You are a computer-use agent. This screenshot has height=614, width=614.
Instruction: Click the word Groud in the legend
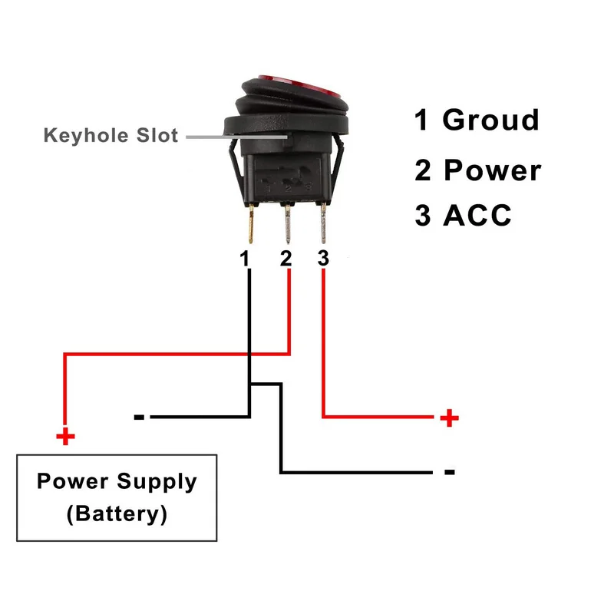point(491,120)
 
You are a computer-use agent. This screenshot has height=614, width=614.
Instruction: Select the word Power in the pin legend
point(493,170)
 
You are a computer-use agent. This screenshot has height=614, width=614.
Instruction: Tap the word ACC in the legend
point(477,216)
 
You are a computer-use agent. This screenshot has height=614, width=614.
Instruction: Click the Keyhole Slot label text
point(111,137)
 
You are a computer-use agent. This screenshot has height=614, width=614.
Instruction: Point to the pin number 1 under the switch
point(245,259)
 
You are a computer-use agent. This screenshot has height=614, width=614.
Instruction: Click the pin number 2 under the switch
point(286,259)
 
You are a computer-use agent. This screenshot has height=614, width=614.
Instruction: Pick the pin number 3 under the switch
point(323,259)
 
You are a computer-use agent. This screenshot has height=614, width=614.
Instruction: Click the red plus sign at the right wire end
point(450,418)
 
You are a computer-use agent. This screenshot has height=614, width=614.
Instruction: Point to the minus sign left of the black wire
point(139,418)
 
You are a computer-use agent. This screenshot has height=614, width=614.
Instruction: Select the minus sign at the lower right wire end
point(450,472)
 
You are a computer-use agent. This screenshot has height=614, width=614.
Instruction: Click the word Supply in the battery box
point(157,482)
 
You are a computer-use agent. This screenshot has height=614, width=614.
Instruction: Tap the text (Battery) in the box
point(117,513)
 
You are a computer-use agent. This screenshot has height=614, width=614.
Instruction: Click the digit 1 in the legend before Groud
point(422,120)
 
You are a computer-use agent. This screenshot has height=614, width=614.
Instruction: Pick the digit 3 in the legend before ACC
point(423,216)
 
